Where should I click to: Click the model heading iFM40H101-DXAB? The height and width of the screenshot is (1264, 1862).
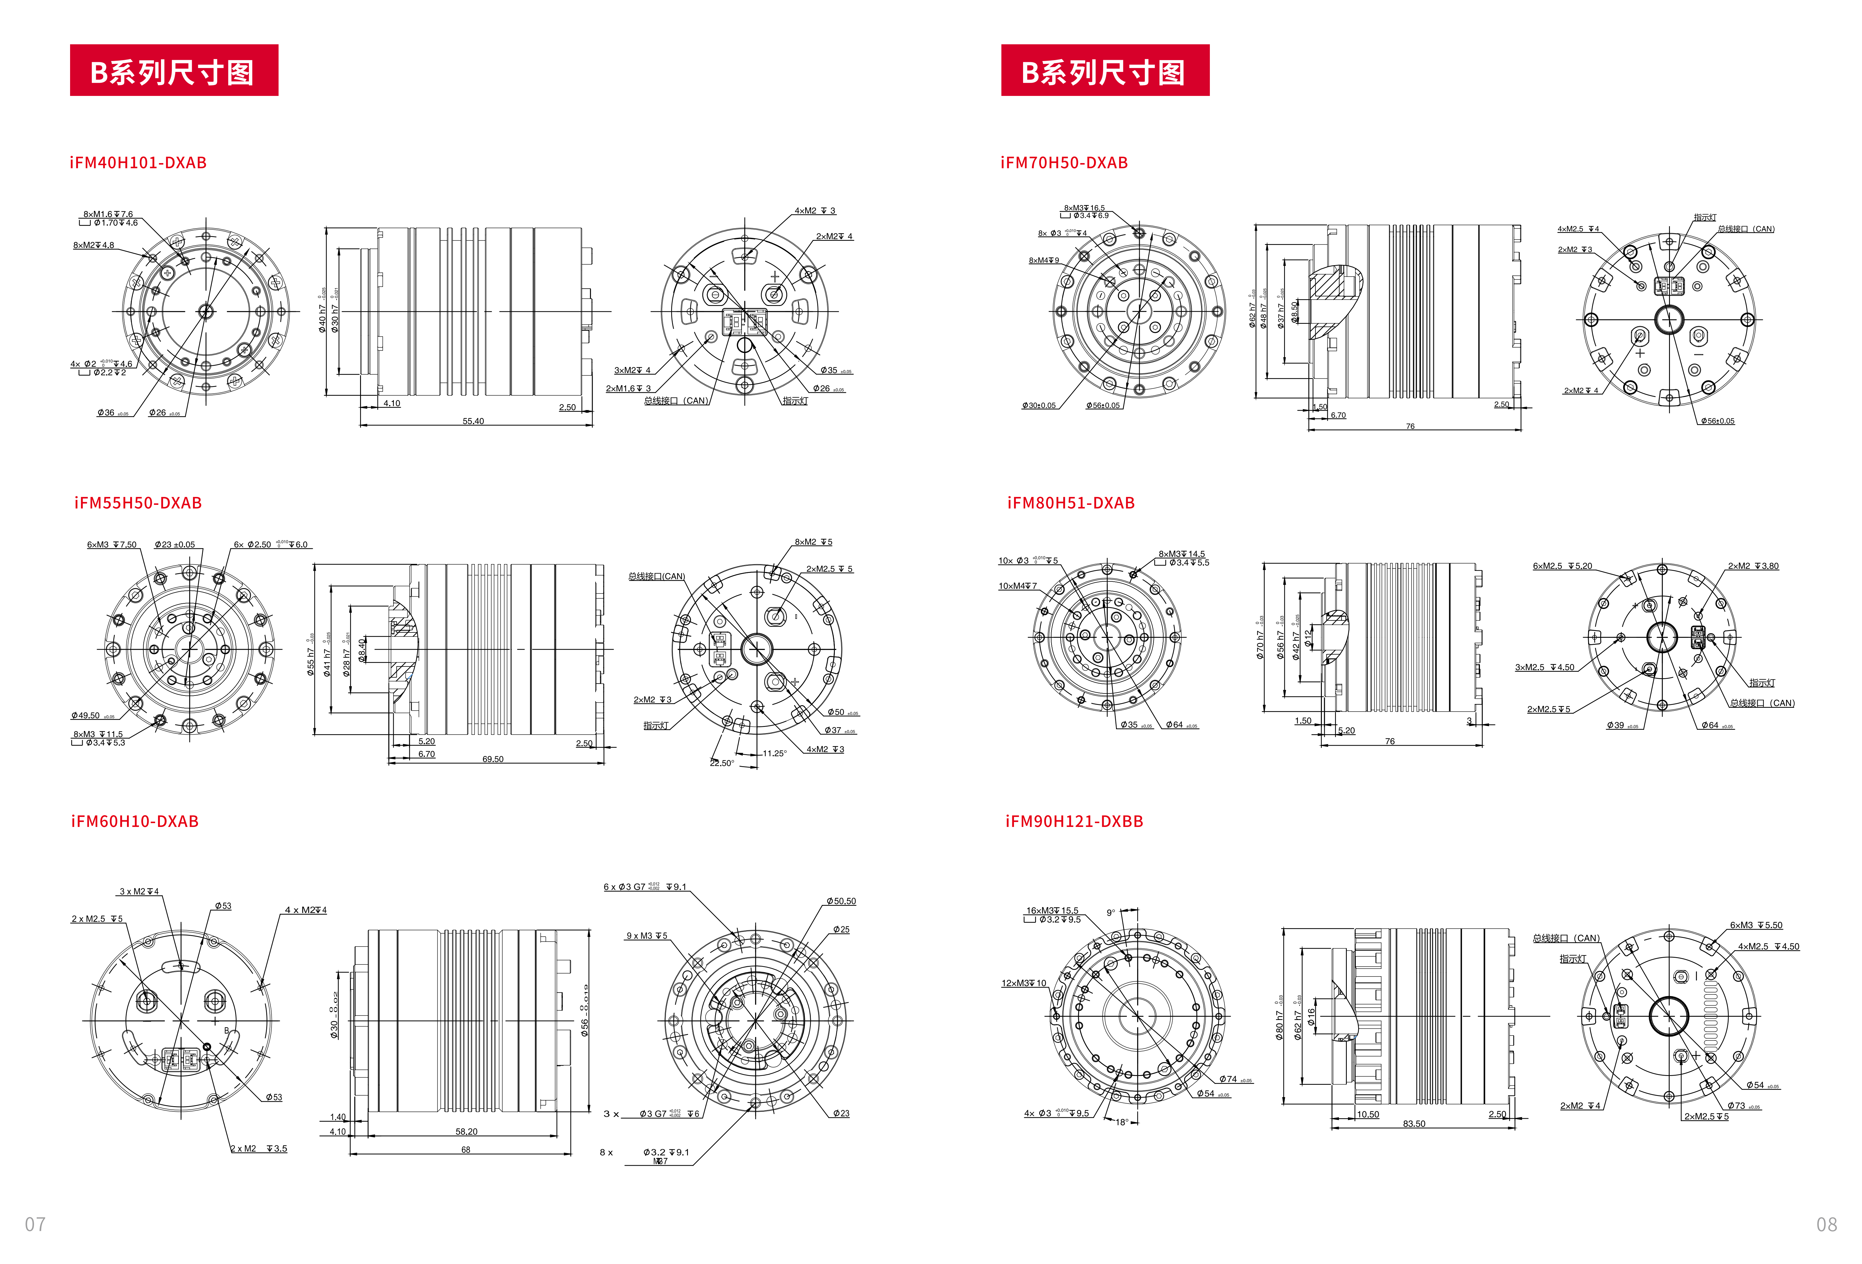[138, 163]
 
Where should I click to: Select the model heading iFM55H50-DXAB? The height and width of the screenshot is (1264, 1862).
[138, 503]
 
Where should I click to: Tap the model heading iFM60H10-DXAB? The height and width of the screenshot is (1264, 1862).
[135, 822]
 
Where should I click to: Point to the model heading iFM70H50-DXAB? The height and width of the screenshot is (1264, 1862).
[1064, 163]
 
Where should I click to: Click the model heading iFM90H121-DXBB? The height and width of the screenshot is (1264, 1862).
[1074, 822]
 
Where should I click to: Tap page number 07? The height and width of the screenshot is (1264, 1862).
[35, 1224]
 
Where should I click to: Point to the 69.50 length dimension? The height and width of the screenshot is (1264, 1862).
[493, 759]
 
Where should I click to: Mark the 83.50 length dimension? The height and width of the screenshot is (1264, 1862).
[1414, 1124]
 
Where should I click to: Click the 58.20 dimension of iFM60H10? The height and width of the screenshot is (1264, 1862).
[466, 1132]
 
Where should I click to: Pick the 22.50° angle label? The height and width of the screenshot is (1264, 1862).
[721, 763]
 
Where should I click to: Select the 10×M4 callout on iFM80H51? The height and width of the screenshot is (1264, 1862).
[1018, 586]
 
